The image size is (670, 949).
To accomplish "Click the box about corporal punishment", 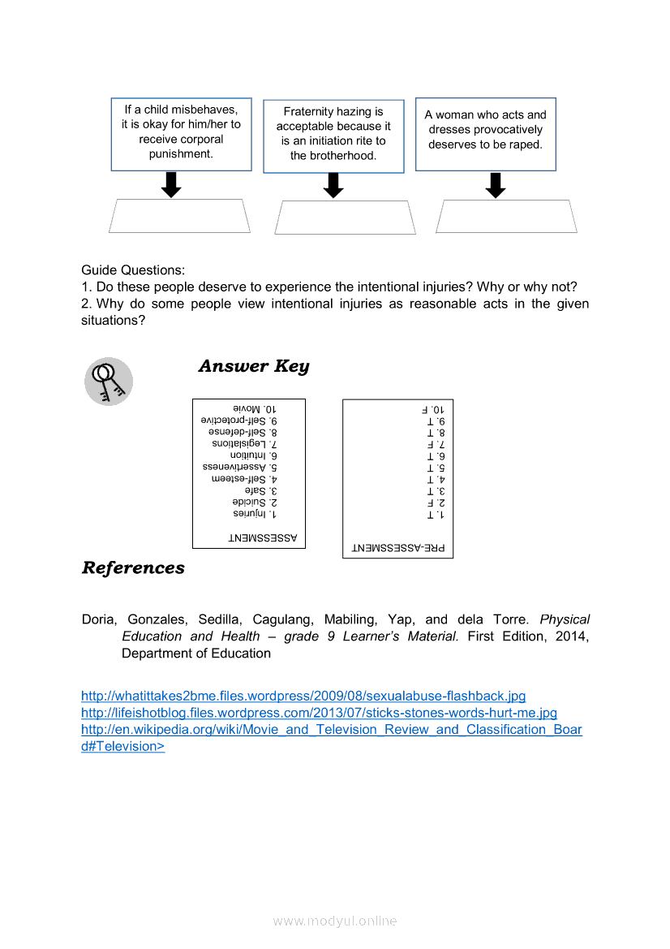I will (181, 134).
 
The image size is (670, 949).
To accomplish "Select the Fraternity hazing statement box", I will (333, 136).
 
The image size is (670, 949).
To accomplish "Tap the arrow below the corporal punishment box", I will (170, 184).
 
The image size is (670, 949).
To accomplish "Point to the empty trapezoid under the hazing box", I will (345, 218).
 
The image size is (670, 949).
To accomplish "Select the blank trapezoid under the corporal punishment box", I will (179, 216).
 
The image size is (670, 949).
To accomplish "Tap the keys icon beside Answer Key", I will (109, 382).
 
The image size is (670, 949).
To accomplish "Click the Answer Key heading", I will (254, 366).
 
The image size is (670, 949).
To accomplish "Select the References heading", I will (133, 568).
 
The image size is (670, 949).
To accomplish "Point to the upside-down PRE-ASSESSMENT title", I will (398, 548).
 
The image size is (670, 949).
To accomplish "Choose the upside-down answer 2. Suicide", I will (255, 503).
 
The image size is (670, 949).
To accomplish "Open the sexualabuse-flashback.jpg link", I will (303, 697).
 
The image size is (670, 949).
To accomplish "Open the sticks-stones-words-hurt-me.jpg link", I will (319, 713).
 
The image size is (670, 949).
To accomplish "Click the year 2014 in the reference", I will (573, 636).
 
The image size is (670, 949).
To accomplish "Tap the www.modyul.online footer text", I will (335, 921).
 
